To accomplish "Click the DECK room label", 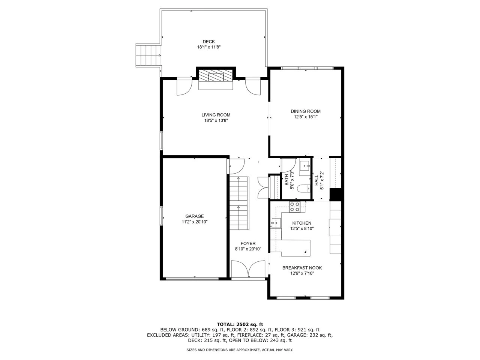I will pos(209,42).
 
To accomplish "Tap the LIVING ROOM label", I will pos(216,115).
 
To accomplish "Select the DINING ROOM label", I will pos(306,111).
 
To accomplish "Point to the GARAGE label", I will pos(195,216).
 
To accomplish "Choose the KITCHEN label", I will pos(302,223).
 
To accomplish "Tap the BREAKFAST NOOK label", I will pos(302,268).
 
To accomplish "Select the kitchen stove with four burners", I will pos(295,207).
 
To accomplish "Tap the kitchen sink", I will pos(276,223).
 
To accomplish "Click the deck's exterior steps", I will pos(148,55).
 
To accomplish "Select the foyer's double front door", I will pos(248,270).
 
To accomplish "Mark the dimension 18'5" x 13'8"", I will pos(216,121).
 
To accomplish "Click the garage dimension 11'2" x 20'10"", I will pos(195,222).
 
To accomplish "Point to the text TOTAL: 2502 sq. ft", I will pos(240,324).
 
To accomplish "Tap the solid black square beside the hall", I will pos(336,195).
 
